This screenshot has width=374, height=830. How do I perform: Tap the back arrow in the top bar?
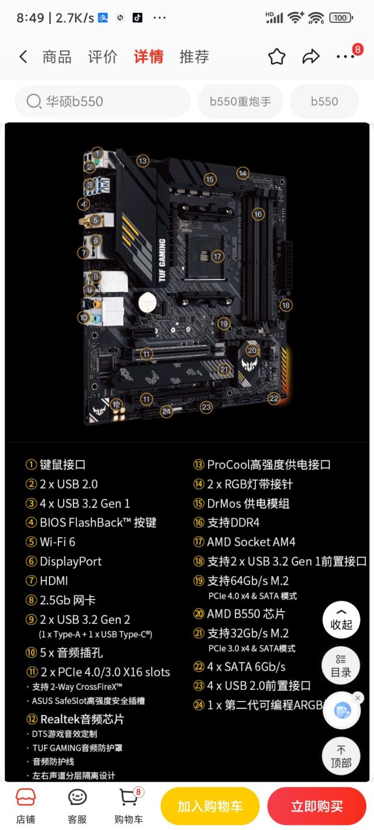(x=23, y=57)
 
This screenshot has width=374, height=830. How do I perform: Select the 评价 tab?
(x=103, y=57)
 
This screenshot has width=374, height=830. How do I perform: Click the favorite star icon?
(x=276, y=57)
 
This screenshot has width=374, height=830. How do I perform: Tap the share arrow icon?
(x=310, y=57)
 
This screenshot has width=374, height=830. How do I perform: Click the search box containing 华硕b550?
(x=103, y=102)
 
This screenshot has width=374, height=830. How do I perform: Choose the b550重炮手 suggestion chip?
(x=240, y=102)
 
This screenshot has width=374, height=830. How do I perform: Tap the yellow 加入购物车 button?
(x=210, y=807)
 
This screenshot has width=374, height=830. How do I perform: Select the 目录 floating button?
(x=341, y=665)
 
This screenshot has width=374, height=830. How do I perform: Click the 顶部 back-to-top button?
(x=341, y=757)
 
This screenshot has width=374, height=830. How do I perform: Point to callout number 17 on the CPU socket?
(x=217, y=256)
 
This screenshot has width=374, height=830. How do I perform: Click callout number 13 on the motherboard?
(x=143, y=161)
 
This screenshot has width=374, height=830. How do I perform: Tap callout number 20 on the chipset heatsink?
(x=252, y=350)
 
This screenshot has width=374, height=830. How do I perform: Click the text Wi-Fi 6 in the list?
(x=57, y=542)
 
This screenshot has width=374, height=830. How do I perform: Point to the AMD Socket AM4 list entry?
(x=251, y=542)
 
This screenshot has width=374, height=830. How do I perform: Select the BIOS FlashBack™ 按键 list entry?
(x=98, y=523)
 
